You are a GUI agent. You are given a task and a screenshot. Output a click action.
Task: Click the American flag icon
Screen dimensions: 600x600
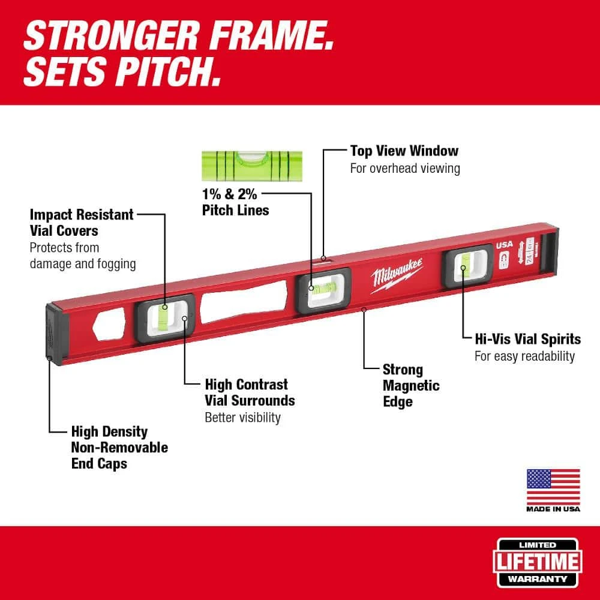tap(553, 487)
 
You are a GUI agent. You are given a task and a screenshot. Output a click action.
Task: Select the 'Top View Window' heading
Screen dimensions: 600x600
tap(404, 151)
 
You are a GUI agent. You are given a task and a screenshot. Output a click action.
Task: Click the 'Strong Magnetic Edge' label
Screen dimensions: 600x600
tap(411, 385)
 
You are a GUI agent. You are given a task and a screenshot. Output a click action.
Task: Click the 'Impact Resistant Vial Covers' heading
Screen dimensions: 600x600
tap(82, 222)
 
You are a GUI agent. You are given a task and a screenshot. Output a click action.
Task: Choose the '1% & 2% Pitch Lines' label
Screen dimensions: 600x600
tap(235, 202)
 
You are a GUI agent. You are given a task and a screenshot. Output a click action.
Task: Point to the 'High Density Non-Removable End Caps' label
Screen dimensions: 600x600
tap(119, 447)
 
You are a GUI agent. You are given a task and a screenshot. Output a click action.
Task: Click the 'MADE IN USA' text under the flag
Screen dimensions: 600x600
tap(553, 509)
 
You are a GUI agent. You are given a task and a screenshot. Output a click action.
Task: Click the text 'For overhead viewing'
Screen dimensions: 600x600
tap(405, 168)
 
